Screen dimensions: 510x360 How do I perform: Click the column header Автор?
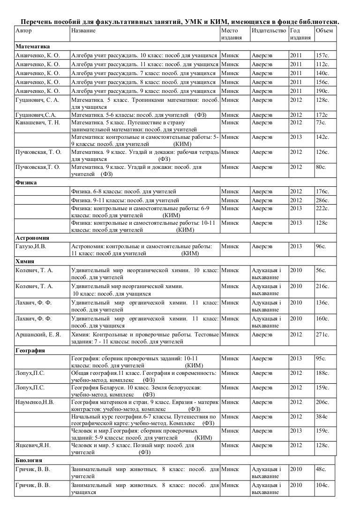pyautogui.click(x=22, y=30)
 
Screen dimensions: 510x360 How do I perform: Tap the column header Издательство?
pyautogui.click(x=269, y=30)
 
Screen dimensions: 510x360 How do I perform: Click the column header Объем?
pyautogui.click(x=324, y=30)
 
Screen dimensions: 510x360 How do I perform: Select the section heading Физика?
pyautogui.click(x=26, y=183)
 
